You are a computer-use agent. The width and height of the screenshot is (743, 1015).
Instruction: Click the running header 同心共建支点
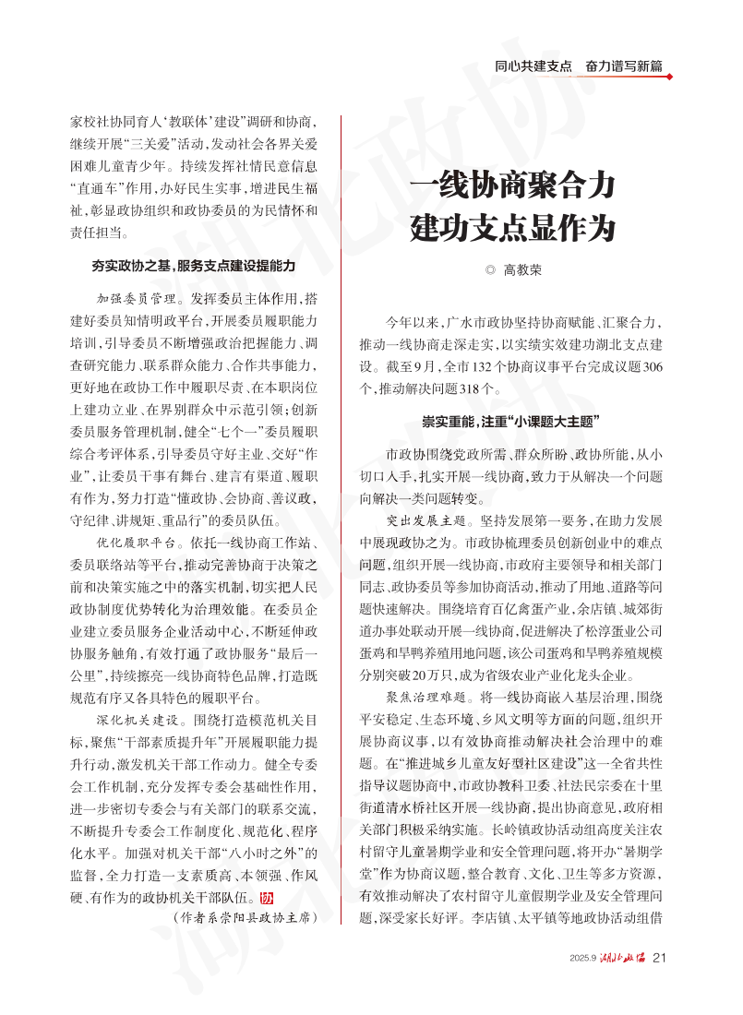point(533,66)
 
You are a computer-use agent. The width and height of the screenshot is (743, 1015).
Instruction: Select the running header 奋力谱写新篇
point(624,66)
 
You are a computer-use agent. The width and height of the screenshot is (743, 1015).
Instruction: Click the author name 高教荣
point(522,270)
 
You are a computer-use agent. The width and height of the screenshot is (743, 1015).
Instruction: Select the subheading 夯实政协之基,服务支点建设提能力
point(193,266)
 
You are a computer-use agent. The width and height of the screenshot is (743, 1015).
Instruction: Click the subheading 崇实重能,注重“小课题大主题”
point(512,423)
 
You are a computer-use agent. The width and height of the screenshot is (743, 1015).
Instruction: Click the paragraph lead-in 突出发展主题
point(426,520)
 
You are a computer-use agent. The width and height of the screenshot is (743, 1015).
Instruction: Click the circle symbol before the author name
point(490,271)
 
